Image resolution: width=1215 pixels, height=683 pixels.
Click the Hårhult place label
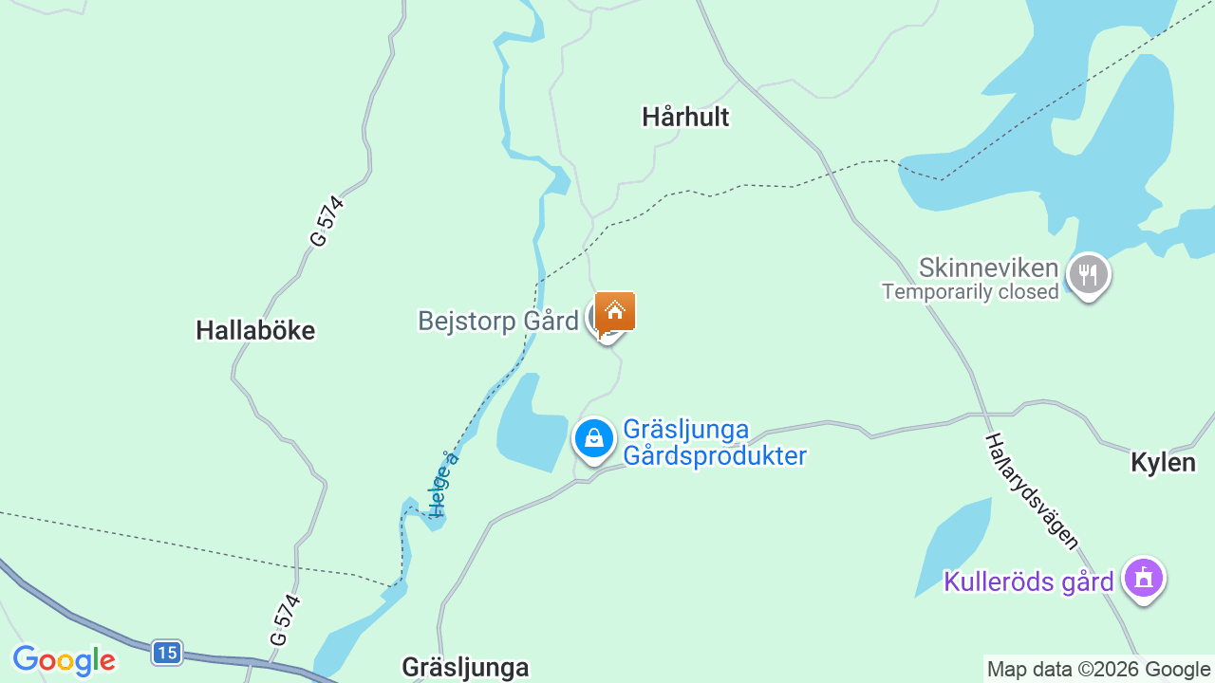click(685, 118)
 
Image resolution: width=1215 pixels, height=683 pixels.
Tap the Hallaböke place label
click(255, 331)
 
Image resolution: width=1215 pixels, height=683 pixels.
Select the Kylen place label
click(1163, 463)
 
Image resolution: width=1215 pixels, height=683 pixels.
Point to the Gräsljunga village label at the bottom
click(465, 667)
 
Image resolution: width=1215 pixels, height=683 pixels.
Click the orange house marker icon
click(615, 311)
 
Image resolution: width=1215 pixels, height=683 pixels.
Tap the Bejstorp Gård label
click(498, 322)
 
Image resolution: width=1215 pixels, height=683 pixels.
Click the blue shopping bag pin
click(594, 438)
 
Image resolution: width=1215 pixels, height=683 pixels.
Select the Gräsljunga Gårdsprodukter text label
click(714, 443)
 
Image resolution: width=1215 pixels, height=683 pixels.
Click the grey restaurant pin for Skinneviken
click(1088, 274)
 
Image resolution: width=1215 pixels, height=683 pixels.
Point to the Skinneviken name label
click(988, 268)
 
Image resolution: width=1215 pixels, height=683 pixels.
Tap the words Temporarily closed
click(970, 292)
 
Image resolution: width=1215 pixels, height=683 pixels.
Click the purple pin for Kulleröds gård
click(1143, 578)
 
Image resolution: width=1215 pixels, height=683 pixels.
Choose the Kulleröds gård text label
click(1028, 581)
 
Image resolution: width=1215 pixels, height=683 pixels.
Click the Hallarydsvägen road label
click(1032, 491)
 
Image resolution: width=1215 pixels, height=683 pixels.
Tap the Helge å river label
click(443, 484)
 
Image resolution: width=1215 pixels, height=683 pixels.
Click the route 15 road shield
click(166, 653)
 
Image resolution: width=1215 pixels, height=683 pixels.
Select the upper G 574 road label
click(327, 222)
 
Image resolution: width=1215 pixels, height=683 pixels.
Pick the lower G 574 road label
click(285, 620)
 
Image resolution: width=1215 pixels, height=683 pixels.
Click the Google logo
click(64, 660)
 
